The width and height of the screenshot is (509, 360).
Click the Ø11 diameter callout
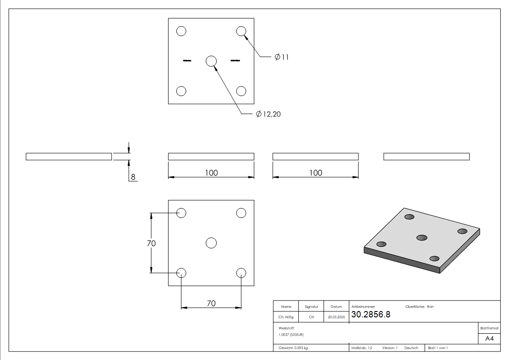point(281,57)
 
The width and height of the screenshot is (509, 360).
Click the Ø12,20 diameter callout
point(268,114)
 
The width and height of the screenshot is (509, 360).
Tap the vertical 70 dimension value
point(151,243)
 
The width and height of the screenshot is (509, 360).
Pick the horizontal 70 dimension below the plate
point(211,303)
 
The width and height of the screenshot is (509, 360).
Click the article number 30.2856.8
point(370,315)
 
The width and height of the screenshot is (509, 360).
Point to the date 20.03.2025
point(336,317)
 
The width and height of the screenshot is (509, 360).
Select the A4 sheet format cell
point(489,339)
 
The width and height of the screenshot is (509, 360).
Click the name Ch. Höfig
point(286,317)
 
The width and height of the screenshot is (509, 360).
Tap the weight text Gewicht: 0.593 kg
point(293,348)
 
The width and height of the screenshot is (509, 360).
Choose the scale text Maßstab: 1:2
point(362,348)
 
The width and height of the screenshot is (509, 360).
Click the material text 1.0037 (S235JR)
point(291,334)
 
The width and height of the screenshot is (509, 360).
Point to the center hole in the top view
point(211,61)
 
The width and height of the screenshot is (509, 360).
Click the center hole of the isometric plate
point(422,238)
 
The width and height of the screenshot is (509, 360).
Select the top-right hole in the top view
point(241,31)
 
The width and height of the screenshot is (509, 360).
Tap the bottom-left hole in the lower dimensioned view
point(181,272)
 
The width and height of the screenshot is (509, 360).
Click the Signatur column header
point(311,306)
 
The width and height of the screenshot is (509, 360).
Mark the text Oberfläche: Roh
point(419,306)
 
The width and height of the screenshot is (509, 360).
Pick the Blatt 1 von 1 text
point(438,348)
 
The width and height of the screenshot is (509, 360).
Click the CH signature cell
point(311,317)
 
